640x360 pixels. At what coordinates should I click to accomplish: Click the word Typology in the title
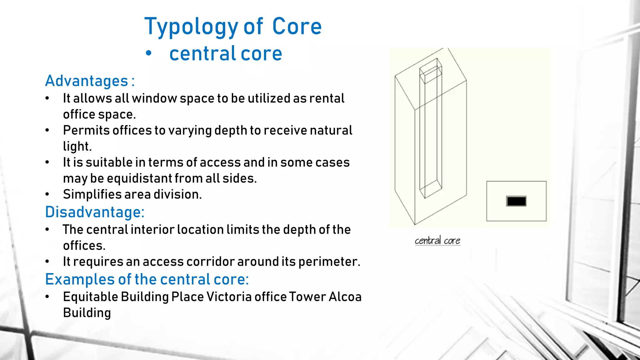[x=191, y=27]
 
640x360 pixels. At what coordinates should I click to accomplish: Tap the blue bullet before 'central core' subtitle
[x=149, y=53]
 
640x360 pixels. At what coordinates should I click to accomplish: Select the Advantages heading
[x=90, y=81]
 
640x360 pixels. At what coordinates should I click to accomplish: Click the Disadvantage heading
[x=95, y=212]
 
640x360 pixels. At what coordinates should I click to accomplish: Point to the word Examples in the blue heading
[x=80, y=279]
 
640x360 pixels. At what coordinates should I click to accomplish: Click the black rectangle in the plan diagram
[x=516, y=201]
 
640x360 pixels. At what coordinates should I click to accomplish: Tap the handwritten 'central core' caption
[x=437, y=241]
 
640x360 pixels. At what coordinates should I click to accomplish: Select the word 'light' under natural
[x=77, y=146]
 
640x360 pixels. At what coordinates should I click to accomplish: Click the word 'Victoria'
[x=229, y=297]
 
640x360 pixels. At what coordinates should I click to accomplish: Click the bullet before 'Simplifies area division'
[x=47, y=194]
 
